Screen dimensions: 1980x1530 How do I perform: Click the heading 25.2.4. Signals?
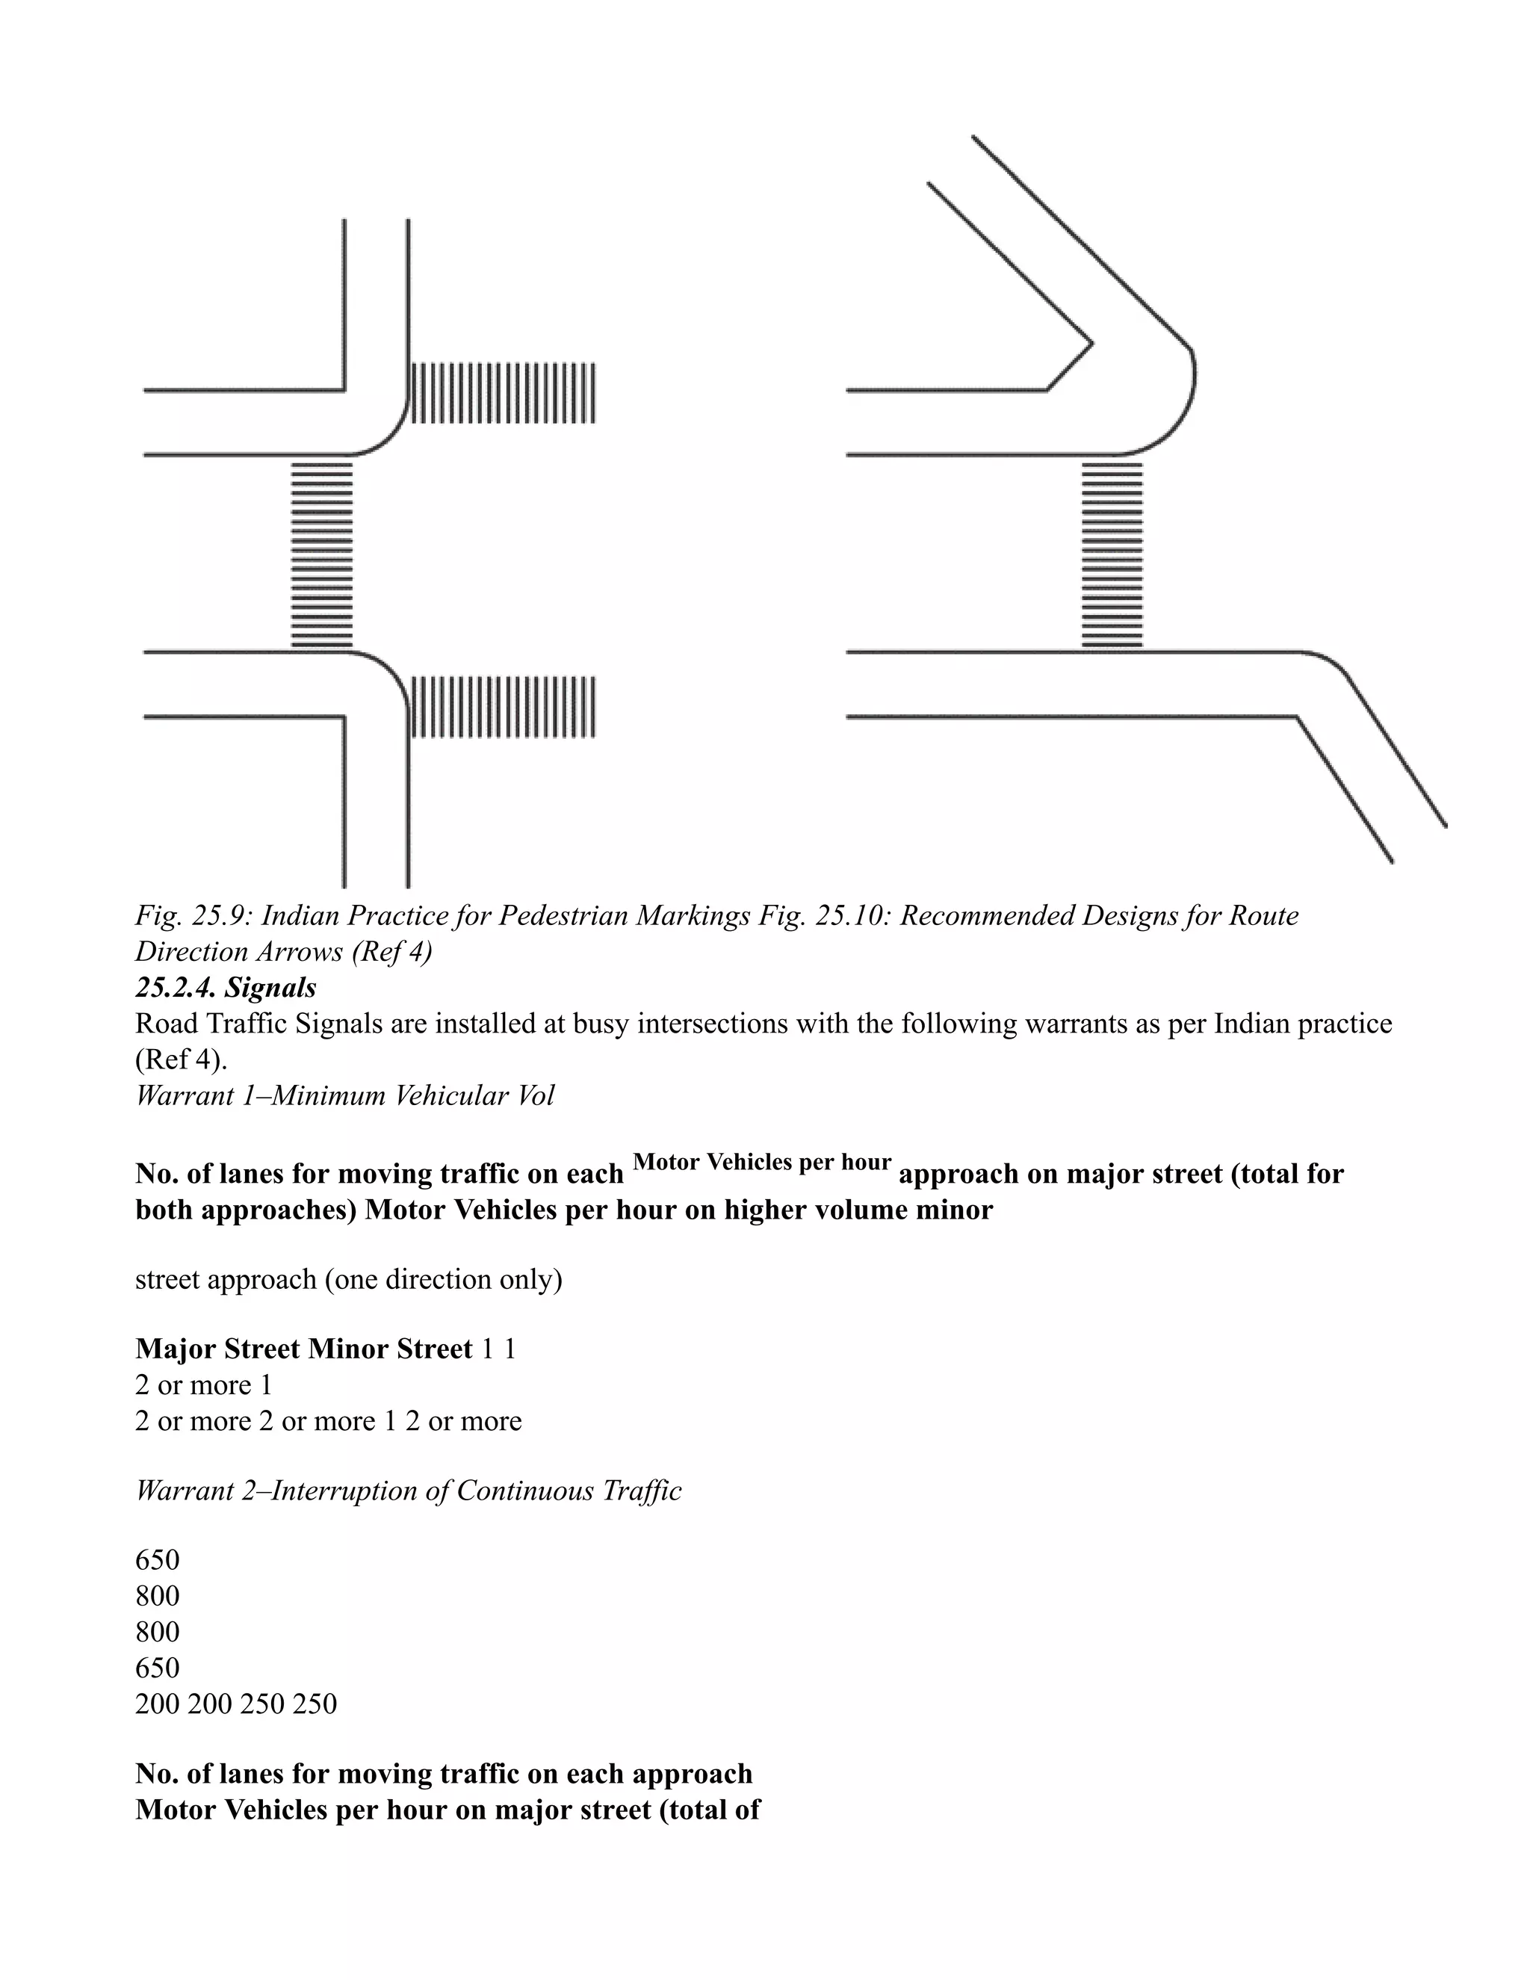click(x=226, y=986)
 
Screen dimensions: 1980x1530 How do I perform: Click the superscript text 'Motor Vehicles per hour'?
click(x=761, y=1163)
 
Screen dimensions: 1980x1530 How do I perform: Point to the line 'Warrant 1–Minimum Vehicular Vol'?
click(x=344, y=1095)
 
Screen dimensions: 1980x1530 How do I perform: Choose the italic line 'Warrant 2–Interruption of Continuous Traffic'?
click(x=408, y=1491)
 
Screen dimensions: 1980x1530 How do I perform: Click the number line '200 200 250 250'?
click(x=235, y=1704)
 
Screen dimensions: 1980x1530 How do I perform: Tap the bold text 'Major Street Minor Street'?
click(x=303, y=1349)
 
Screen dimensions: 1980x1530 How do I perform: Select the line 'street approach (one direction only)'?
click(x=349, y=1279)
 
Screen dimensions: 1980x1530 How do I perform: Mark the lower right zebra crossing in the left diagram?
click(x=504, y=706)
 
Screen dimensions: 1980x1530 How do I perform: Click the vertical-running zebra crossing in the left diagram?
click(x=322, y=554)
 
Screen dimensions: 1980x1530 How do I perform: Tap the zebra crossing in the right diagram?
click(x=1112, y=554)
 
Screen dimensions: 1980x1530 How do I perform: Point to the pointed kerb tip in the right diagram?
click(x=1091, y=344)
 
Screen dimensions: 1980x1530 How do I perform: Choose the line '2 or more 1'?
click(x=204, y=1385)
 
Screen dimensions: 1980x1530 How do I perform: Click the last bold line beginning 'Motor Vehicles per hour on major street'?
click(x=447, y=1810)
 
